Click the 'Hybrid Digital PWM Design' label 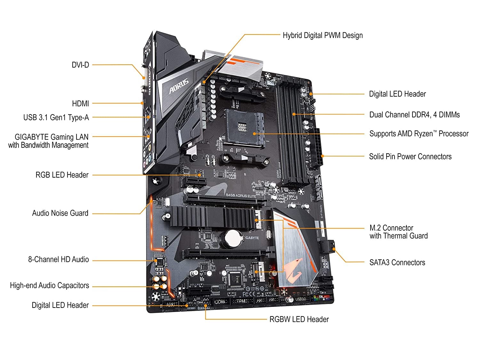323,35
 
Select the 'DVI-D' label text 80,65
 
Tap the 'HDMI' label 80,104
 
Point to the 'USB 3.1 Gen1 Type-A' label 56,117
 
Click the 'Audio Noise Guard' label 60,213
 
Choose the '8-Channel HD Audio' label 58,260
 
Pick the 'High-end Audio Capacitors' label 49,285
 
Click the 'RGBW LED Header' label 299,319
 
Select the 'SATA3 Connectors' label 397,263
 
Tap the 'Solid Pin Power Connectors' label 410,156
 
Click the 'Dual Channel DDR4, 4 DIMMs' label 414,115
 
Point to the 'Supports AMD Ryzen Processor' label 419,134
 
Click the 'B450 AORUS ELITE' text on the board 241,196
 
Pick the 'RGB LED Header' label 62,175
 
